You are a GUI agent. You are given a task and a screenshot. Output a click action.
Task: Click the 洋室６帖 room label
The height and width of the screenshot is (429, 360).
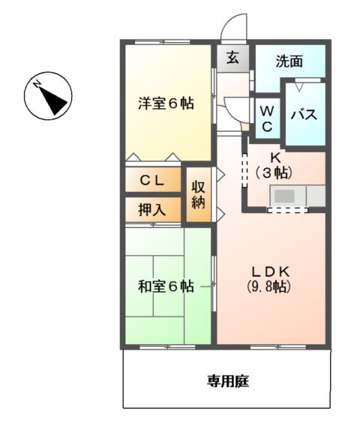(x=166, y=103)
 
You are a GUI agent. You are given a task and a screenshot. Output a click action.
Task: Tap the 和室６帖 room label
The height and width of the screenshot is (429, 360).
(x=166, y=286)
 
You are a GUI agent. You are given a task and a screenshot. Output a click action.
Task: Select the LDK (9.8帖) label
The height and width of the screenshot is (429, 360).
(x=269, y=279)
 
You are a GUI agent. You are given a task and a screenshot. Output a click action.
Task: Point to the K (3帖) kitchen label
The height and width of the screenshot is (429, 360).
(x=274, y=166)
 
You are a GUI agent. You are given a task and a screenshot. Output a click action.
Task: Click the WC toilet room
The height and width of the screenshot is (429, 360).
(x=267, y=118)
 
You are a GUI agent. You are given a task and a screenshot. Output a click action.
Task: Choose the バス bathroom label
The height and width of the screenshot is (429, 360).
(x=304, y=114)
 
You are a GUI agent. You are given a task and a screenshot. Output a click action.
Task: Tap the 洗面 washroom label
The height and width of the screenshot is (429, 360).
(x=289, y=61)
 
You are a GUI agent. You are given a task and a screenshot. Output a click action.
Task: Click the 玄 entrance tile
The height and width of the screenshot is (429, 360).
(x=232, y=58)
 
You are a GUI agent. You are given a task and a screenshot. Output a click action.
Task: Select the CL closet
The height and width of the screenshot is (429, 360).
(x=153, y=179)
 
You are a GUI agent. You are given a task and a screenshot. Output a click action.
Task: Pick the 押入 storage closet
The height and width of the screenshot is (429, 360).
(x=153, y=209)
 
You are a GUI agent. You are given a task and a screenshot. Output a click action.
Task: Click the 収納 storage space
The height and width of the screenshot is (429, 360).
(x=199, y=194)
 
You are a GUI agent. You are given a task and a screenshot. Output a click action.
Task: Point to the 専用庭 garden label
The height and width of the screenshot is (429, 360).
(x=228, y=381)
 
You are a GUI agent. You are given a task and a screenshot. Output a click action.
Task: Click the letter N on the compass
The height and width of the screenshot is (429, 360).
(x=37, y=84)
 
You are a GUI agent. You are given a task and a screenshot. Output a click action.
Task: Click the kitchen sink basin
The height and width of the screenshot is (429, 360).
(x=284, y=196)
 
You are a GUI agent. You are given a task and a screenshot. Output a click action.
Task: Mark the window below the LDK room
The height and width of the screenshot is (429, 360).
(x=278, y=347)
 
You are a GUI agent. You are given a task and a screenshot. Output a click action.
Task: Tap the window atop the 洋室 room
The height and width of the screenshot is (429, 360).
(x=163, y=42)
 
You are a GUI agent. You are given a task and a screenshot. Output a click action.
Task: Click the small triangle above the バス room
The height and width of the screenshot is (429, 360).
(x=299, y=87)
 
